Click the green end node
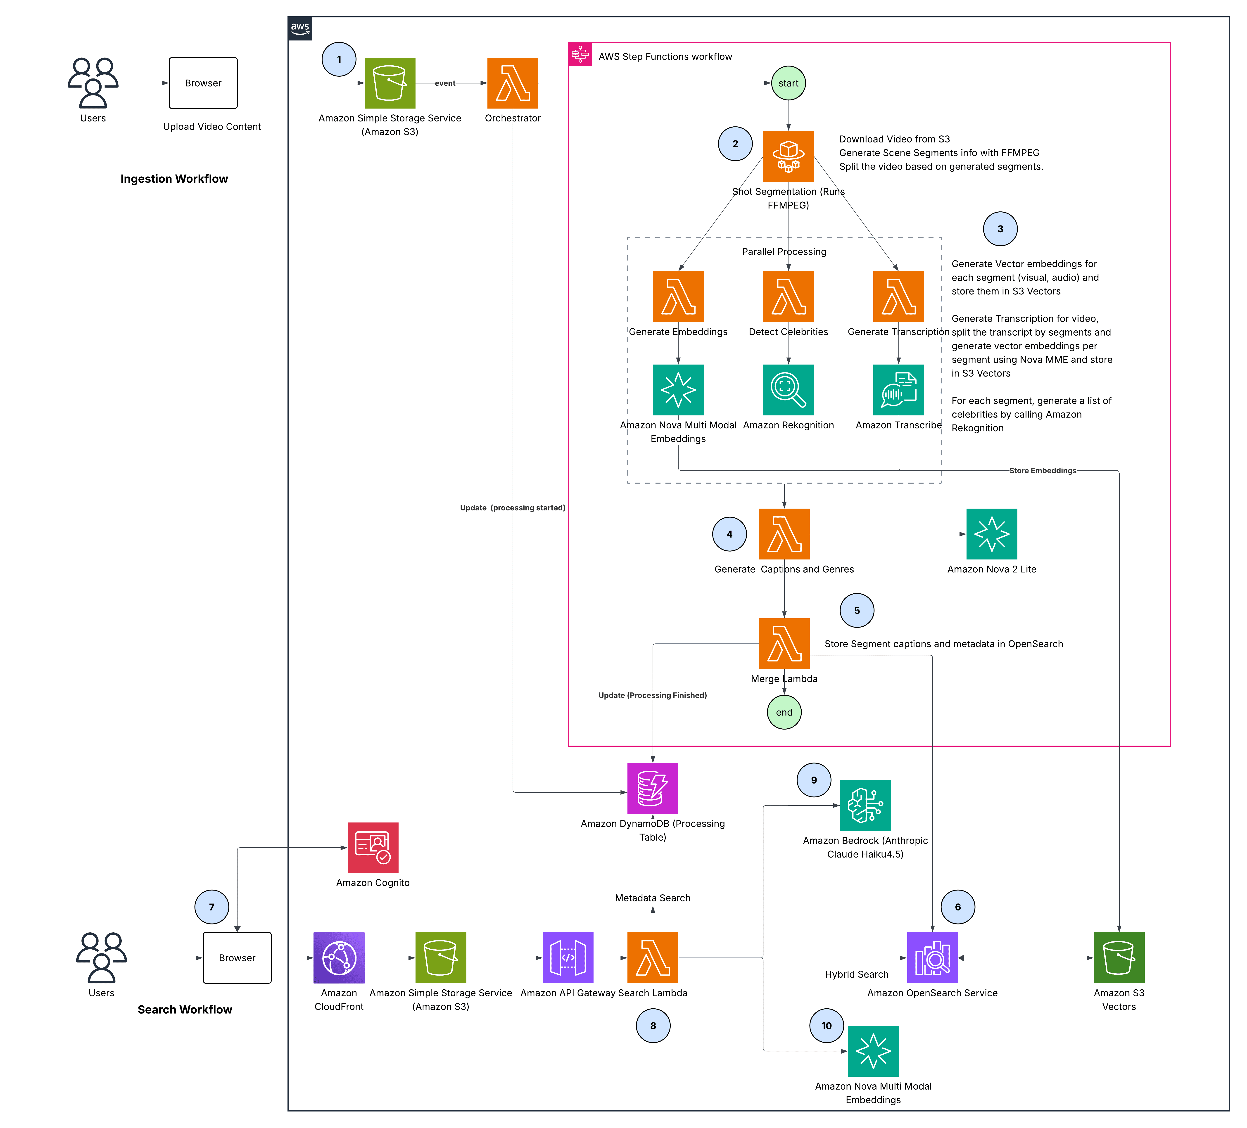[784, 712]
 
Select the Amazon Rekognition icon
[788, 390]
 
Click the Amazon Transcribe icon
[898, 390]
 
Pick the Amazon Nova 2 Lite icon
[992, 534]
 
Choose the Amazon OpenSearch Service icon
[932, 957]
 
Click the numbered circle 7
[211, 907]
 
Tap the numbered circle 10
[826, 1025]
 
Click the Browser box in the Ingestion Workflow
[203, 83]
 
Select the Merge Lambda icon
[784, 643]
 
